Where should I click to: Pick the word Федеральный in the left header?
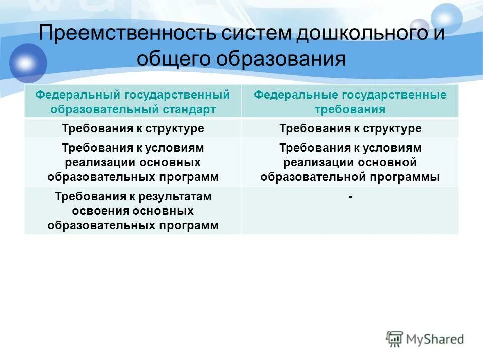pos(77,95)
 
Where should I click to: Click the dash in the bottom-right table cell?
pos(350,197)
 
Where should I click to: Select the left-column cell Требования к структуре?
pos(133,128)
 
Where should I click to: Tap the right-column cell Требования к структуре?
pos(350,128)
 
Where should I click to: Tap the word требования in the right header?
pos(350,109)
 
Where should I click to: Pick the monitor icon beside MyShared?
pos(394,339)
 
